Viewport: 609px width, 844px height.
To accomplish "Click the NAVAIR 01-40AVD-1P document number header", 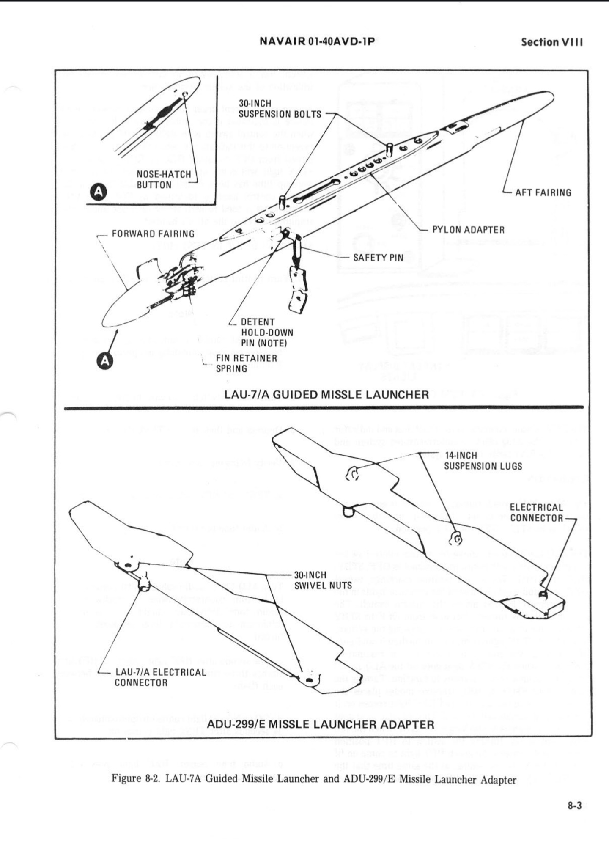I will [x=317, y=41].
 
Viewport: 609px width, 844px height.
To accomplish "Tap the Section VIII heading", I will [x=552, y=42].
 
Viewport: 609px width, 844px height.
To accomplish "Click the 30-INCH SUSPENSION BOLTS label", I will [x=280, y=109].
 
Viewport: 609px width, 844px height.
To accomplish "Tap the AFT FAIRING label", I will [x=543, y=192].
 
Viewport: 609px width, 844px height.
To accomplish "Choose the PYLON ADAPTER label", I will [x=468, y=230].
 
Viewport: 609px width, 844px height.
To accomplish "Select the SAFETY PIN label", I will [x=378, y=257].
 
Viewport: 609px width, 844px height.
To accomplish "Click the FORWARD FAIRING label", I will [x=153, y=234].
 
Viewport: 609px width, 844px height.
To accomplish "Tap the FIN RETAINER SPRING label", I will [x=246, y=363].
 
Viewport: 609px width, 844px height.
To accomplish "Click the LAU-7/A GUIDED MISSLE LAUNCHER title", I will [x=326, y=394].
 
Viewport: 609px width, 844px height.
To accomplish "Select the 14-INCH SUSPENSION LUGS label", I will [x=483, y=461].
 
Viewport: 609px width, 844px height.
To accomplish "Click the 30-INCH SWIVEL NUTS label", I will [x=323, y=580].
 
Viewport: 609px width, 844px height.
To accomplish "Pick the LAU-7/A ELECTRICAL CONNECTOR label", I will [x=160, y=677].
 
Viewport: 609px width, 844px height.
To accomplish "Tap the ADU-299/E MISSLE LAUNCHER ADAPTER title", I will [x=320, y=724].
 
